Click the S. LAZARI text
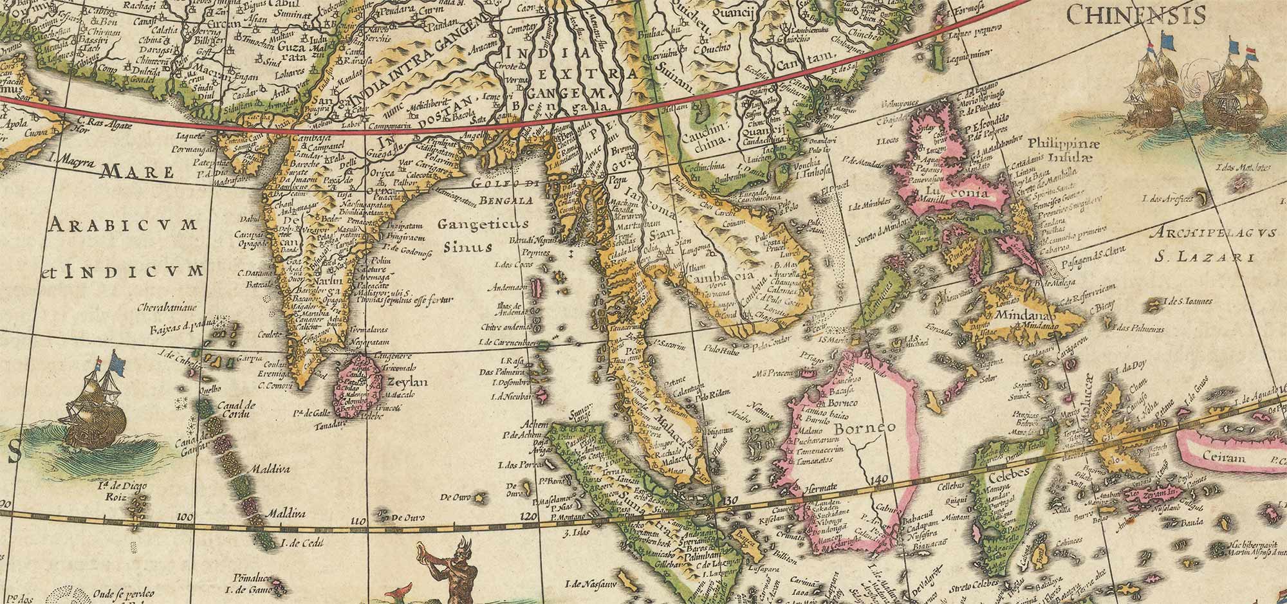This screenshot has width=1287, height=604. coord(1195,257)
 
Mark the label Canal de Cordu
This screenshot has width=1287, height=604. coord(237,410)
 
